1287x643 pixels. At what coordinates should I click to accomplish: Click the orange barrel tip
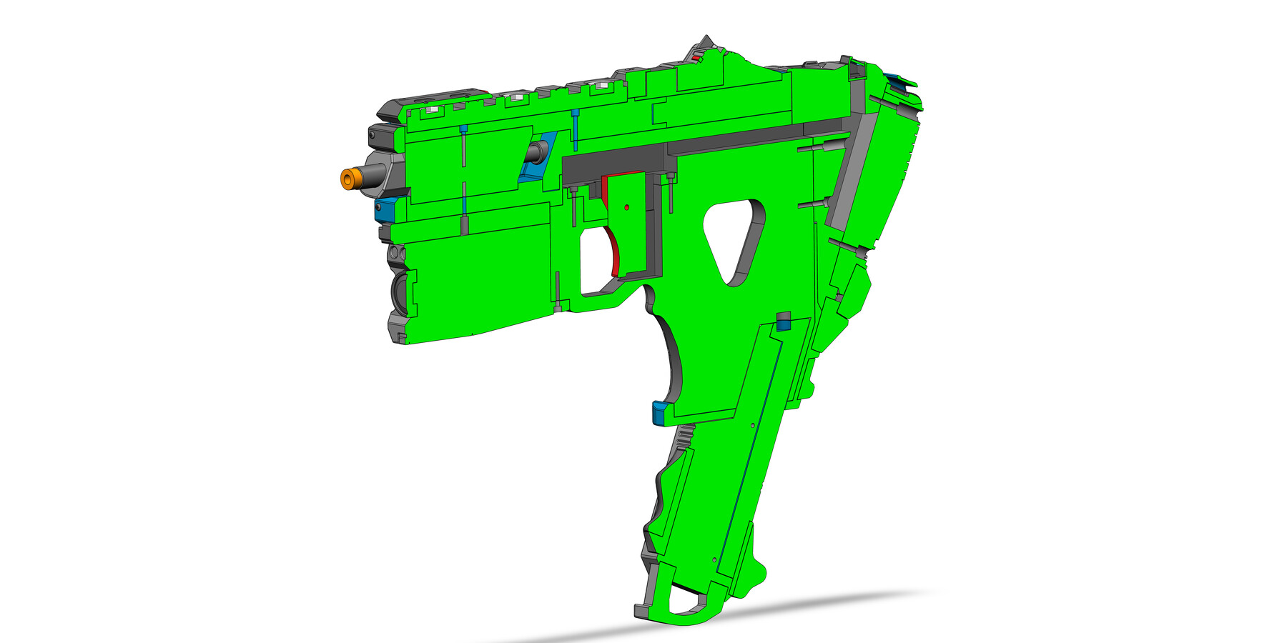[x=348, y=179]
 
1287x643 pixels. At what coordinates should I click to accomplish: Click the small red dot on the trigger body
[x=627, y=207]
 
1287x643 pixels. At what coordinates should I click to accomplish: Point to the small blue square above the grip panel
[x=784, y=326]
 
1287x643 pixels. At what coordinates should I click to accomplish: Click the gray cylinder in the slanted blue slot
[x=536, y=151]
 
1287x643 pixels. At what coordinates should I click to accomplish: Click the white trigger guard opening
[x=593, y=261]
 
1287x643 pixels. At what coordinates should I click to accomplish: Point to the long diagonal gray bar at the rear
[x=854, y=171]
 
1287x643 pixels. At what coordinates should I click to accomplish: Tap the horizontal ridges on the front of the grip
[x=684, y=436]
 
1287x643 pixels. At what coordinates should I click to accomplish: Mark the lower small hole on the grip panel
[x=714, y=560]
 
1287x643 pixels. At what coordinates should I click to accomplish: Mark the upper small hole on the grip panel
[x=753, y=425]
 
